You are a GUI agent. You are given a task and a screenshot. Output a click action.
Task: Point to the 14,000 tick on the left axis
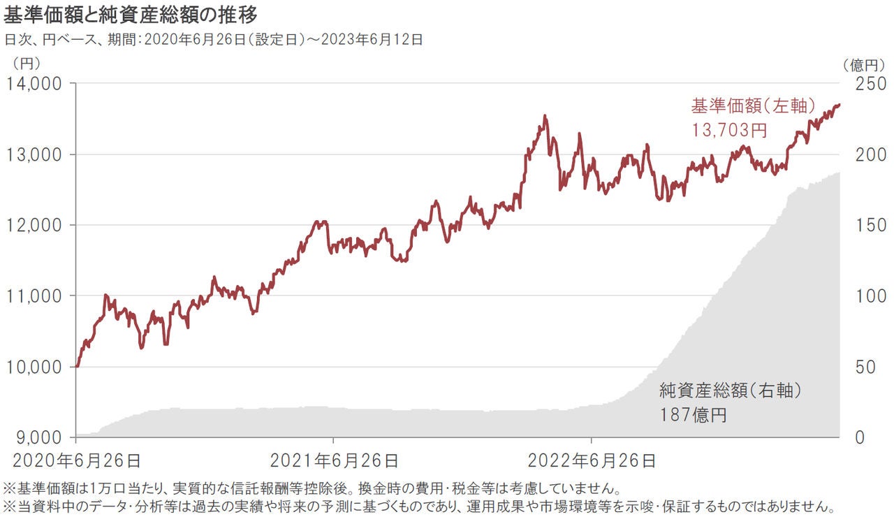[35, 83]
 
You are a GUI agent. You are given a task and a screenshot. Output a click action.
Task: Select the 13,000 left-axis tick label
[35, 154]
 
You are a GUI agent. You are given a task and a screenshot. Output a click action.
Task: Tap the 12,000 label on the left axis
[35, 225]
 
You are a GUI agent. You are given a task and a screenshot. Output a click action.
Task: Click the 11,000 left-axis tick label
[35, 296]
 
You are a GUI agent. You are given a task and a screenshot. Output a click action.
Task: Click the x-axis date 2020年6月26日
[77, 460]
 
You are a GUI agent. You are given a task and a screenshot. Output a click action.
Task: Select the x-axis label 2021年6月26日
[334, 460]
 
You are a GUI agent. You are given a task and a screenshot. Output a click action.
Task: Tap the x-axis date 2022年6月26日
[592, 460]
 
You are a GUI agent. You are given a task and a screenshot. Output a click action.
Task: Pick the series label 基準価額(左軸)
[753, 106]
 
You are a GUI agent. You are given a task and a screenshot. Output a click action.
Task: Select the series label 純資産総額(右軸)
[730, 391]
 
